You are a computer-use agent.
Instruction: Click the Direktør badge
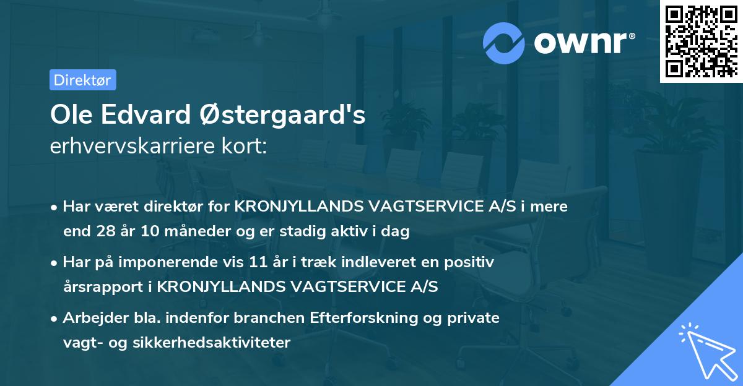point(82,80)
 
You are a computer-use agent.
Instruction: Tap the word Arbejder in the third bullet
point(92,318)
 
